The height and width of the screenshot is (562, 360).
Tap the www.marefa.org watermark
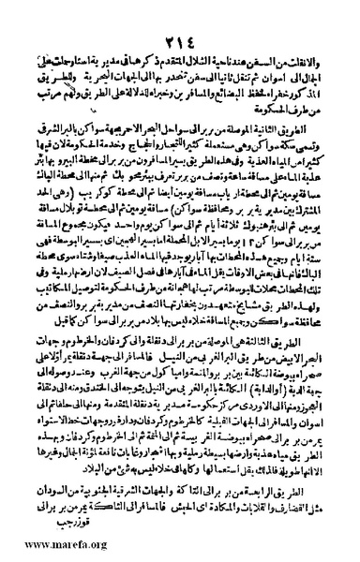[x=56, y=547]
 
